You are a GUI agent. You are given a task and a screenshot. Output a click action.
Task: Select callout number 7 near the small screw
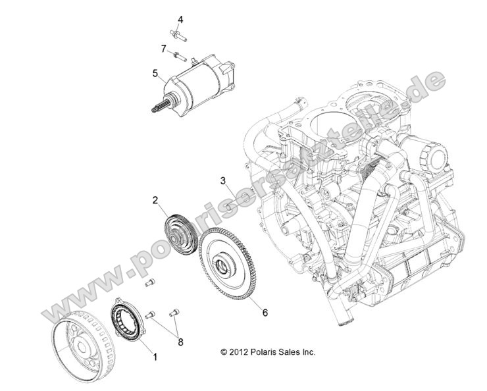(163, 48)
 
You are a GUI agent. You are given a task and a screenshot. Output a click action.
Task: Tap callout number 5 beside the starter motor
(155, 73)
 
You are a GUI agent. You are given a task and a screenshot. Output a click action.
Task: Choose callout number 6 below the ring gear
(265, 313)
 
